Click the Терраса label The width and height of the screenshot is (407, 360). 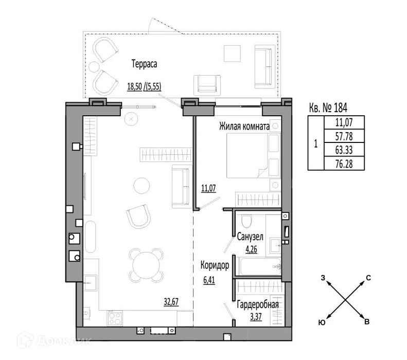(x=144, y=64)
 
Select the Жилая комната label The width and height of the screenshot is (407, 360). (x=244, y=127)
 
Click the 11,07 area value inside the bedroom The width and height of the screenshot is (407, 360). (x=209, y=188)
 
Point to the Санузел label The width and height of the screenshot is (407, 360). (x=250, y=237)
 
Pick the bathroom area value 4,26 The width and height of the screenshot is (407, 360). (x=251, y=249)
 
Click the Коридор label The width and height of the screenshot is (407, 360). (x=215, y=265)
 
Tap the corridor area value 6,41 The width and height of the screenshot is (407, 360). (x=209, y=280)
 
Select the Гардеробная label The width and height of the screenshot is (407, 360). (x=258, y=305)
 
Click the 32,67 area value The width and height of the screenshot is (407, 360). (x=171, y=302)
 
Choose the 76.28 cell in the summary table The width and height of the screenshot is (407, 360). (x=344, y=164)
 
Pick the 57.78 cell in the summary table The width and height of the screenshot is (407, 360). (x=344, y=136)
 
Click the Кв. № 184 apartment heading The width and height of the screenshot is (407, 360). (x=328, y=107)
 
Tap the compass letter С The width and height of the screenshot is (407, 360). (x=368, y=278)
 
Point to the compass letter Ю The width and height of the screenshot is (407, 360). (x=322, y=322)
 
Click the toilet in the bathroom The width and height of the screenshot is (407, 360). (x=246, y=221)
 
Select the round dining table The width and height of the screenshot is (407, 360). (x=147, y=265)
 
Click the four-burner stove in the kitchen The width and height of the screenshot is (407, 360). (x=115, y=318)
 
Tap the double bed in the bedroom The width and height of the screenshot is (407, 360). (x=254, y=156)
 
